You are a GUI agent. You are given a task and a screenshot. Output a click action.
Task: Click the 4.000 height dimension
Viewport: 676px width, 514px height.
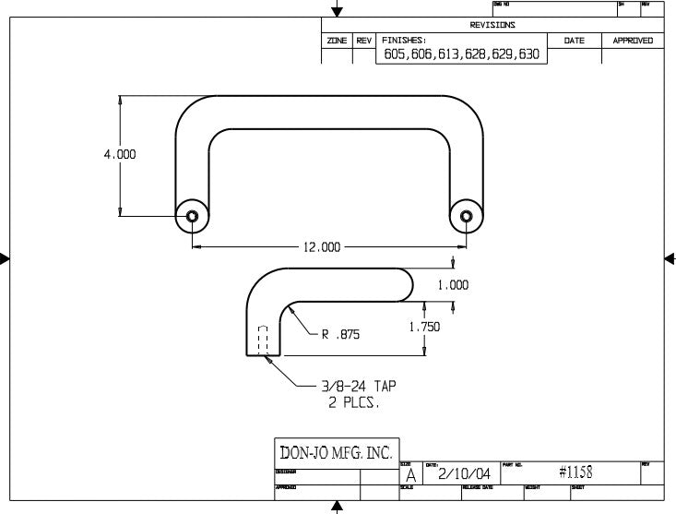tap(120, 155)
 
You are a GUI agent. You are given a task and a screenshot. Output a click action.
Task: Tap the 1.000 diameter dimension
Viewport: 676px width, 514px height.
tap(453, 285)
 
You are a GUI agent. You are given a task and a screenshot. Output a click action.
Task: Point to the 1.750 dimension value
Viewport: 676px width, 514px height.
tap(424, 327)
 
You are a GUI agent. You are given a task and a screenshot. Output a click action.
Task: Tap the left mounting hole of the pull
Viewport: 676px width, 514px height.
tap(192, 217)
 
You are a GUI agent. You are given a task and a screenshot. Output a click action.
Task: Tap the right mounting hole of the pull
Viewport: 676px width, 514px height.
tap(467, 217)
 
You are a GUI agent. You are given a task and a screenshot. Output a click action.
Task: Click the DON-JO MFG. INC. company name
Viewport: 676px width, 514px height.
tap(337, 453)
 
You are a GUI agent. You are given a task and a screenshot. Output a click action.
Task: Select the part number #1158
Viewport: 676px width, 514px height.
tap(575, 472)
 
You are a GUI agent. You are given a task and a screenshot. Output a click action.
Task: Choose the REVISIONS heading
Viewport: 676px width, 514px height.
tap(492, 25)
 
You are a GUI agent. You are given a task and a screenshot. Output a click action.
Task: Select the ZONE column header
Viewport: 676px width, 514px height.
tap(336, 41)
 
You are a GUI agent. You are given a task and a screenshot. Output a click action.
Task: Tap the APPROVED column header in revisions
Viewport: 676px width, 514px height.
tap(633, 41)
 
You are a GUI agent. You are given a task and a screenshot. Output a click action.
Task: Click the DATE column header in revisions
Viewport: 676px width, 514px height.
tap(574, 41)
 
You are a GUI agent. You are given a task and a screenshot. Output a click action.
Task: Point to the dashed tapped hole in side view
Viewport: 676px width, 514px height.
tap(263, 340)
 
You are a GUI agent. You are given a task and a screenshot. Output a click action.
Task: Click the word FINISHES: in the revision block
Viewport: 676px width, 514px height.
tap(402, 41)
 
